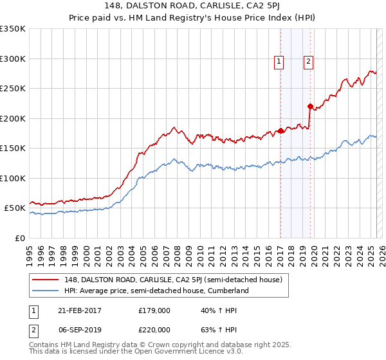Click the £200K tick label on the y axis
[x=12, y=118]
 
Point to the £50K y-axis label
[x=14, y=208]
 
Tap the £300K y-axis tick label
[x=12, y=59]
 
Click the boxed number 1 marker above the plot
[x=279, y=62]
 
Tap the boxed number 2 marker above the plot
[x=309, y=62]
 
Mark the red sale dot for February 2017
[x=280, y=131]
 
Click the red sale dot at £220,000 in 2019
[x=310, y=107]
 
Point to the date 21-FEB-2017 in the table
[x=78, y=310]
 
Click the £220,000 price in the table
[x=154, y=330]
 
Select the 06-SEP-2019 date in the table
[x=78, y=330]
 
